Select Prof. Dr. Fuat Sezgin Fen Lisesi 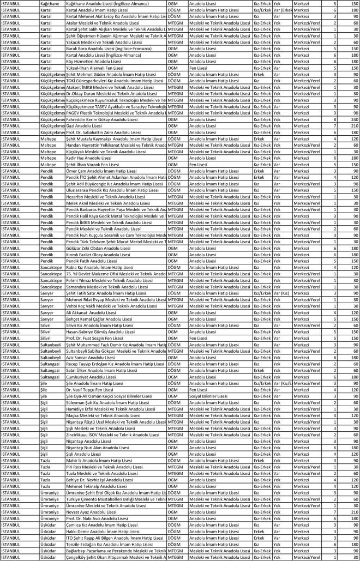click(x=92, y=337)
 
